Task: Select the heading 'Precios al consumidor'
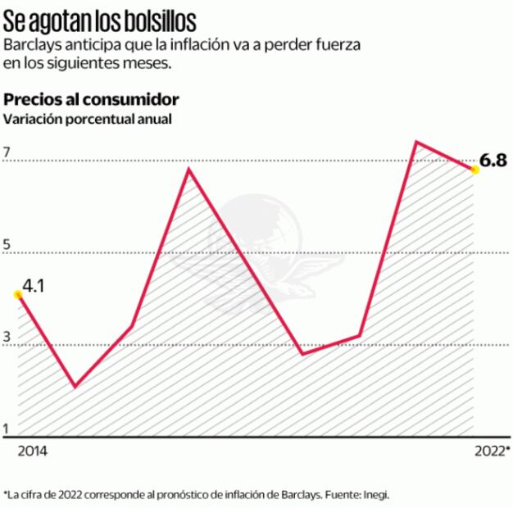point(91,100)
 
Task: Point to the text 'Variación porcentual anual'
point(88,119)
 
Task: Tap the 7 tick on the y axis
point(7,152)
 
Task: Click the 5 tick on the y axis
point(7,245)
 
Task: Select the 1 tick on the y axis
point(7,429)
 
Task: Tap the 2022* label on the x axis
point(493,451)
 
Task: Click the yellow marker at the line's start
point(18,294)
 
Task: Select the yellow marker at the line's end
point(474,170)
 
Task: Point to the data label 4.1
point(34,286)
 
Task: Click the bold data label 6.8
point(493,161)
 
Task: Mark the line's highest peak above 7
point(416,143)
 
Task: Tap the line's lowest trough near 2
point(75,386)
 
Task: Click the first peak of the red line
point(188,170)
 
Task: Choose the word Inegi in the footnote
point(375,494)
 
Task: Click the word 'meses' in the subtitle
point(151,63)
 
